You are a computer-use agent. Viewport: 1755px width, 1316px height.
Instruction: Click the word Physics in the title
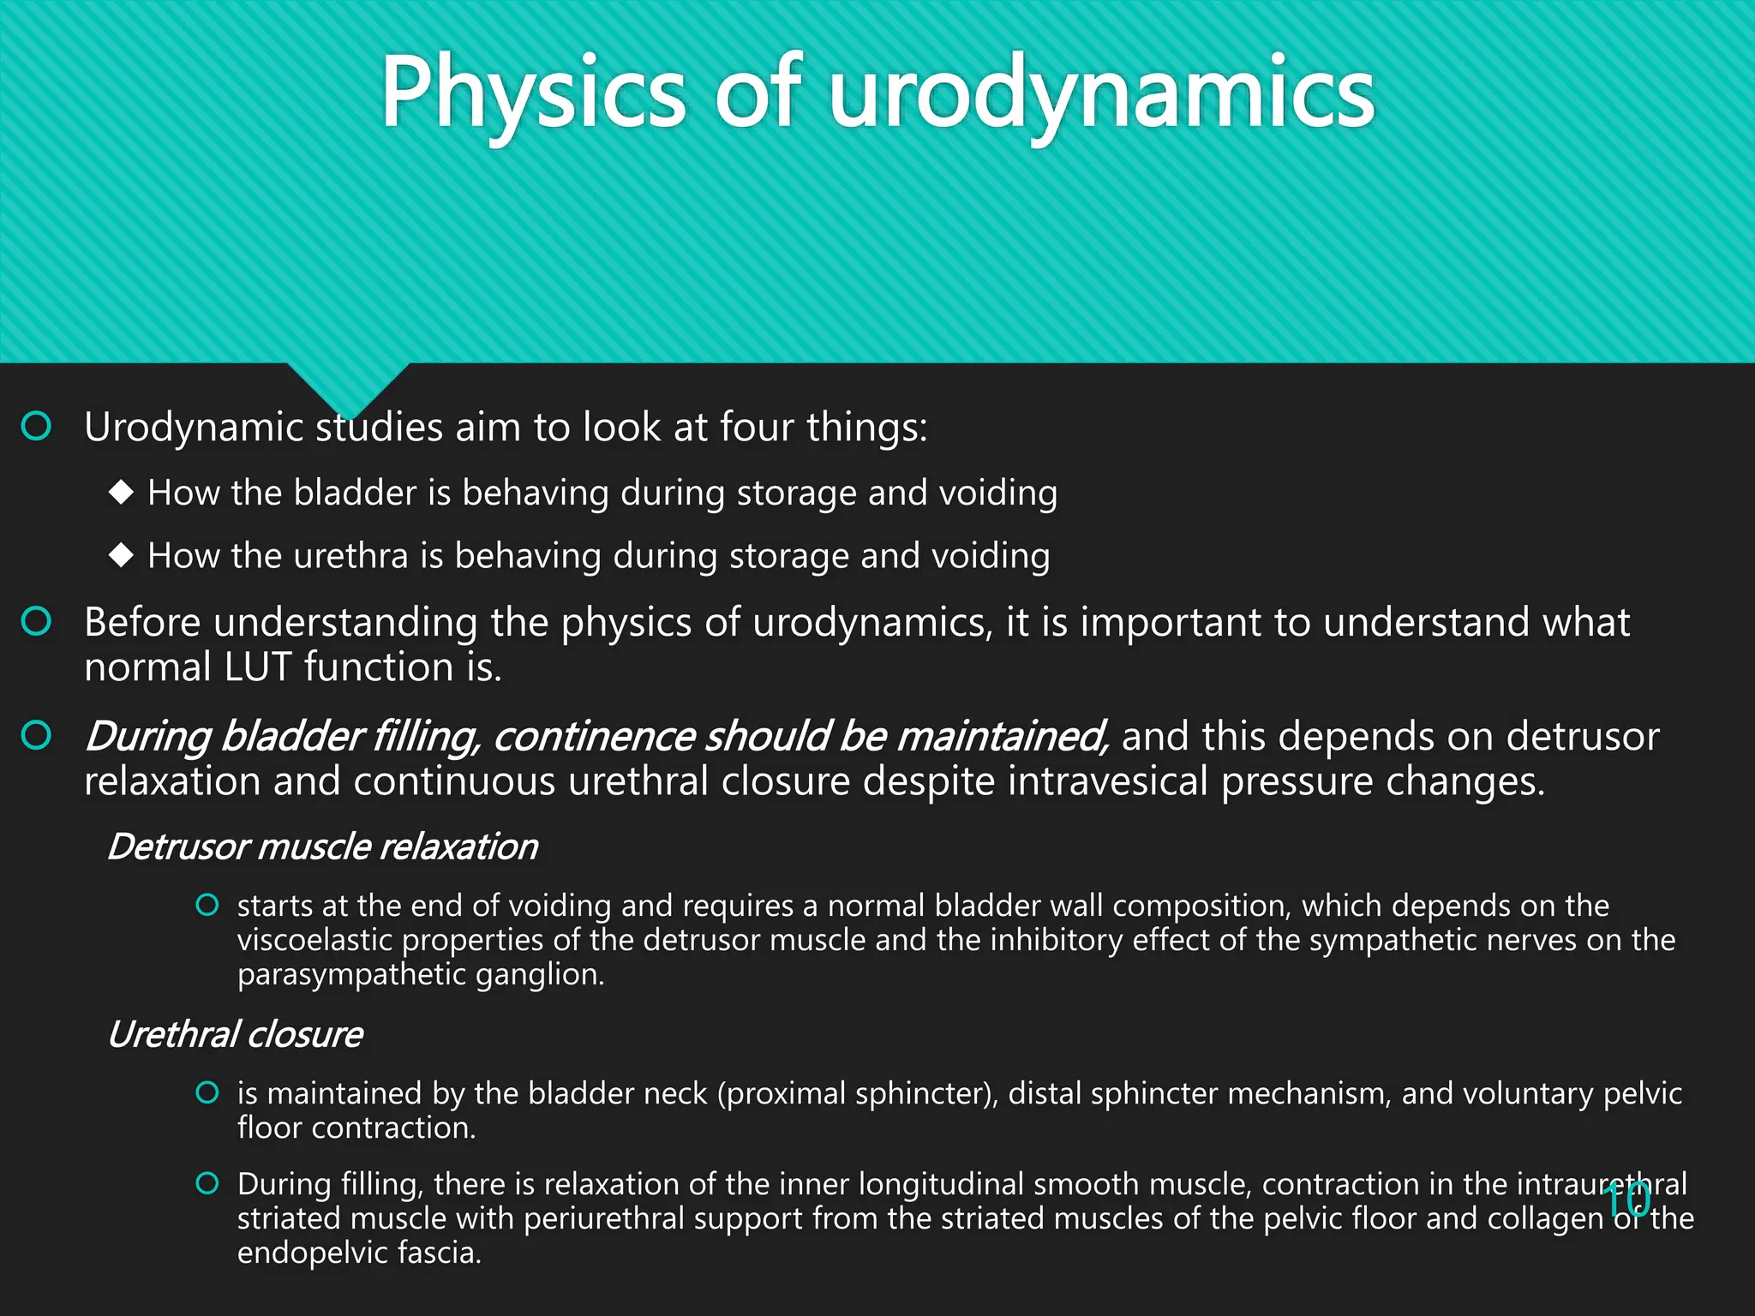click(x=531, y=93)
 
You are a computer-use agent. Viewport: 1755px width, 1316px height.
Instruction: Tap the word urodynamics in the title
click(x=1100, y=93)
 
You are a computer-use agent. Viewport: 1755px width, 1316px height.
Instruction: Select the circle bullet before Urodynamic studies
click(x=36, y=426)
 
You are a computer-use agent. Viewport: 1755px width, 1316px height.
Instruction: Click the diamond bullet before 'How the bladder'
click(x=122, y=492)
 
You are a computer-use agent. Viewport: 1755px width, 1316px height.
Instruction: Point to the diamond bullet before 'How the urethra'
click(x=122, y=555)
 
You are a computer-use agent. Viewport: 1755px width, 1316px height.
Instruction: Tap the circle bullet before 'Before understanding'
click(x=36, y=621)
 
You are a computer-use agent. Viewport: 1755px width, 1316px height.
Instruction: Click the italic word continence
click(x=593, y=737)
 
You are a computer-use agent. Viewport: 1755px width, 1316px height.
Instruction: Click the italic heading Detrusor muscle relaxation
click(x=322, y=846)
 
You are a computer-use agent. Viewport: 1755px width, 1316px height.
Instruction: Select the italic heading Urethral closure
click(x=235, y=1034)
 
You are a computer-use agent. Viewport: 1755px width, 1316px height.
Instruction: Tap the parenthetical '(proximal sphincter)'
click(x=857, y=1093)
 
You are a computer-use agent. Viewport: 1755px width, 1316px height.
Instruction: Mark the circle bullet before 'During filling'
click(x=207, y=1183)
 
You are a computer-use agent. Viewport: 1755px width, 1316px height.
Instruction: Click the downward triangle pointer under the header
click(x=348, y=387)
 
